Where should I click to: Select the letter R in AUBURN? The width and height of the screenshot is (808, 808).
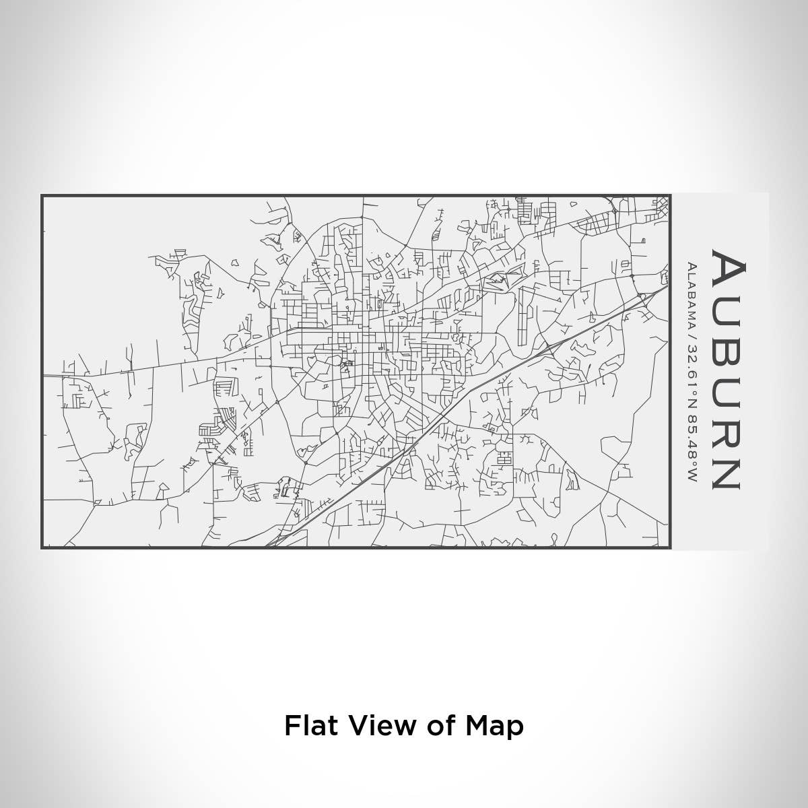(727, 430)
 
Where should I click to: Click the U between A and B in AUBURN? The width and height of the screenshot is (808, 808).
(727, 310)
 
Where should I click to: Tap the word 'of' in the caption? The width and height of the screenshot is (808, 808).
(438, 726)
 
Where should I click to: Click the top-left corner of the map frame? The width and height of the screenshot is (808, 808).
(42, 196)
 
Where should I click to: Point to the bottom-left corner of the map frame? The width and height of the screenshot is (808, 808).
(42, 547)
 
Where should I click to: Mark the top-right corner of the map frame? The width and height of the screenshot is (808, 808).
(671, 196)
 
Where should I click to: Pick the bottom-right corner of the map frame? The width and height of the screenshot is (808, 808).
(671, 547)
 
